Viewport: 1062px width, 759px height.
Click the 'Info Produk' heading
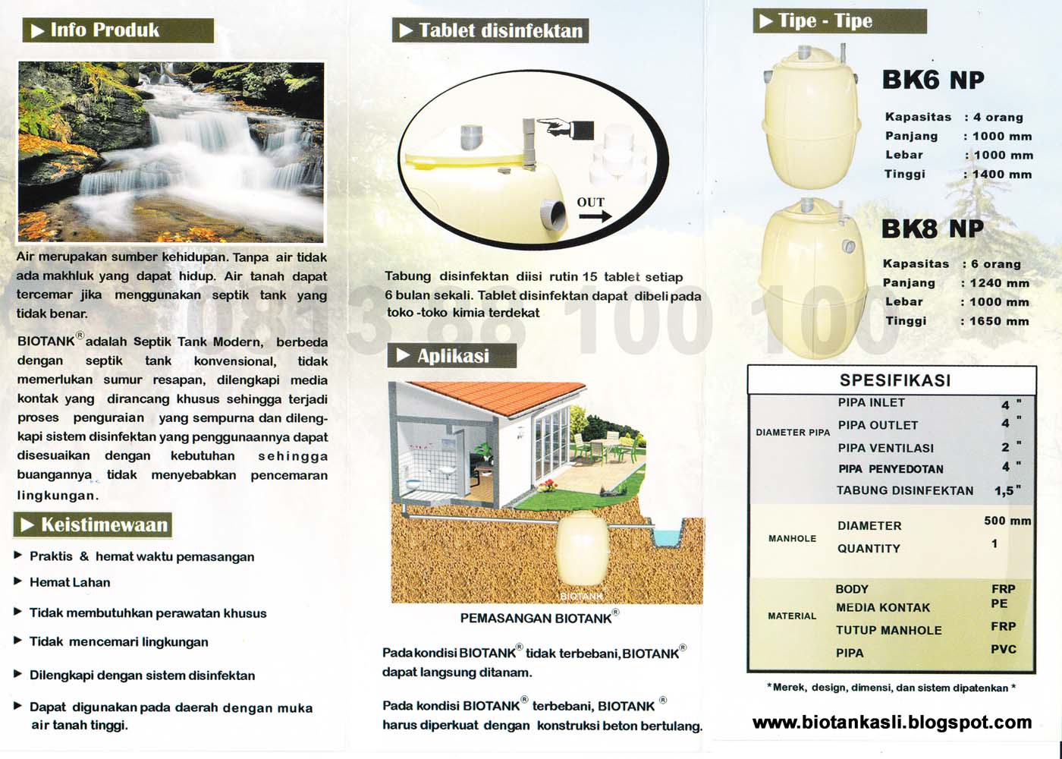pos(104,30)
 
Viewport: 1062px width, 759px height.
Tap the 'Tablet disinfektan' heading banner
pos(500,30)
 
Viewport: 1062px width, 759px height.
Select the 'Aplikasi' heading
pos(453,355)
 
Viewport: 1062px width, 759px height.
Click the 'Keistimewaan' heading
pos(104,524)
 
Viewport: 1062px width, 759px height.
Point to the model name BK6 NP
pos(933,80)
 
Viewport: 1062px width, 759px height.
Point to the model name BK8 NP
pos(932,228)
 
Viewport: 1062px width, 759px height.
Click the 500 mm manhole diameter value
pos(1007,521)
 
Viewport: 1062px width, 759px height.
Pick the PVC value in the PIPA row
pos(1003,650)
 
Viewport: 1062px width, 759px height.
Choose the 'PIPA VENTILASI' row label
pos(885,448)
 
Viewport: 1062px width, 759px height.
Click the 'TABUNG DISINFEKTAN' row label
pos(904,490)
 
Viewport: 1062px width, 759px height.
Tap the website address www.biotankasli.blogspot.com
pos(892,723)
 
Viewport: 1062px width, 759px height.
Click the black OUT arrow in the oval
pos(595,216)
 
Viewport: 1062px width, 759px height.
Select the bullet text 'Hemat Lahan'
pos(70,582)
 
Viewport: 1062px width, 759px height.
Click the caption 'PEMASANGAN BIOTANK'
pos(536,618)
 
